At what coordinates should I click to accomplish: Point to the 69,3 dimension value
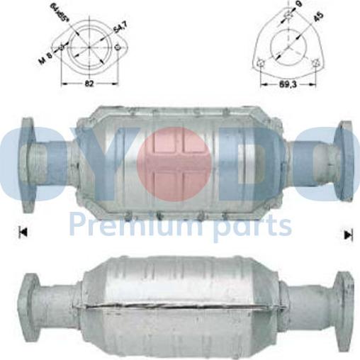coord(286,84)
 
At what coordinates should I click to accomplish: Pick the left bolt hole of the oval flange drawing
coord(62,48)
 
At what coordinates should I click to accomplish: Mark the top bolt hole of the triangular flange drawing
coord(287,14)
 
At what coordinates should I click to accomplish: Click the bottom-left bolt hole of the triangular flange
coord(262,64)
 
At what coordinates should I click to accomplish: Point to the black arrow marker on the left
coord(23,232)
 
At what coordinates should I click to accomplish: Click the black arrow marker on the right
coord(348,233)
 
